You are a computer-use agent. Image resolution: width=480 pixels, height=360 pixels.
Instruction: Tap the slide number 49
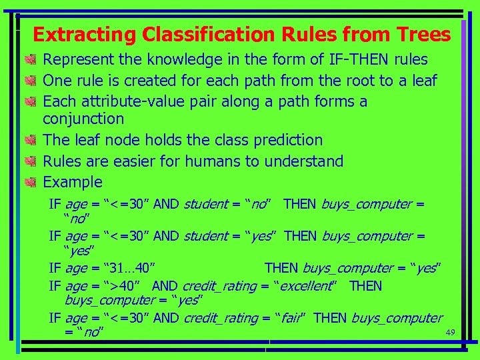coord(449,332)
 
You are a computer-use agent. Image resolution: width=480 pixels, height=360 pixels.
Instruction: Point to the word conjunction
coord(83,119)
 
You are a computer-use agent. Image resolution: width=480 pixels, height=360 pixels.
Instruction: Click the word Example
coord(73,182)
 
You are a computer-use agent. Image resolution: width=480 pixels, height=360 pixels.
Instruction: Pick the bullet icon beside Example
coord(30,182)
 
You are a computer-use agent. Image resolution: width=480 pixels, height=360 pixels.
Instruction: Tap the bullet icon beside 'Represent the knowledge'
coord(30,60)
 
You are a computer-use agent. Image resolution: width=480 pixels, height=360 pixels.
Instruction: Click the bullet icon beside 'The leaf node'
coord(30,140)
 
